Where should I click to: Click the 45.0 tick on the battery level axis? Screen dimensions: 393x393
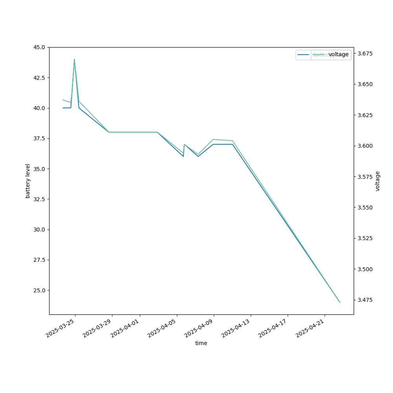pos(39,47)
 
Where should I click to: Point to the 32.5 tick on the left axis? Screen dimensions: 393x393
pos(39,199)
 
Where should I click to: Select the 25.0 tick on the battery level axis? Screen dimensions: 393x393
pos(39,290)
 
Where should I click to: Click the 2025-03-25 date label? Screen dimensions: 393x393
pos(60,329)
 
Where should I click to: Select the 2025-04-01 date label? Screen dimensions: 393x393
pos(125,329)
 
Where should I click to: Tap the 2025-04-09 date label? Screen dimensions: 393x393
pos(199,329)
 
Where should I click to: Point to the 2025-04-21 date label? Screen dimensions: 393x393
pos(310,329)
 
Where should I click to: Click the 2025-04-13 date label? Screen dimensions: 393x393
pos(236,329)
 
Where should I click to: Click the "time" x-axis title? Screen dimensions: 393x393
pos(201,343)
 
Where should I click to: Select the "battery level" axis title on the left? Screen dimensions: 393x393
pos(28,181)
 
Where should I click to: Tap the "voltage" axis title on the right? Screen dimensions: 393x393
pos(378,181)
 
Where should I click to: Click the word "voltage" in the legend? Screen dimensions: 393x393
pos(338,55)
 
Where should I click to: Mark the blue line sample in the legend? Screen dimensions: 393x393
pos(303,55)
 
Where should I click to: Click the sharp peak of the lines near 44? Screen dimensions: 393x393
pos(74,59)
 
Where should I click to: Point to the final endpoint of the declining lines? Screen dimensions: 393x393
pos(340,302)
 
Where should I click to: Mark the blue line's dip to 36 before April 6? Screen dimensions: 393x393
pos(183,156)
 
